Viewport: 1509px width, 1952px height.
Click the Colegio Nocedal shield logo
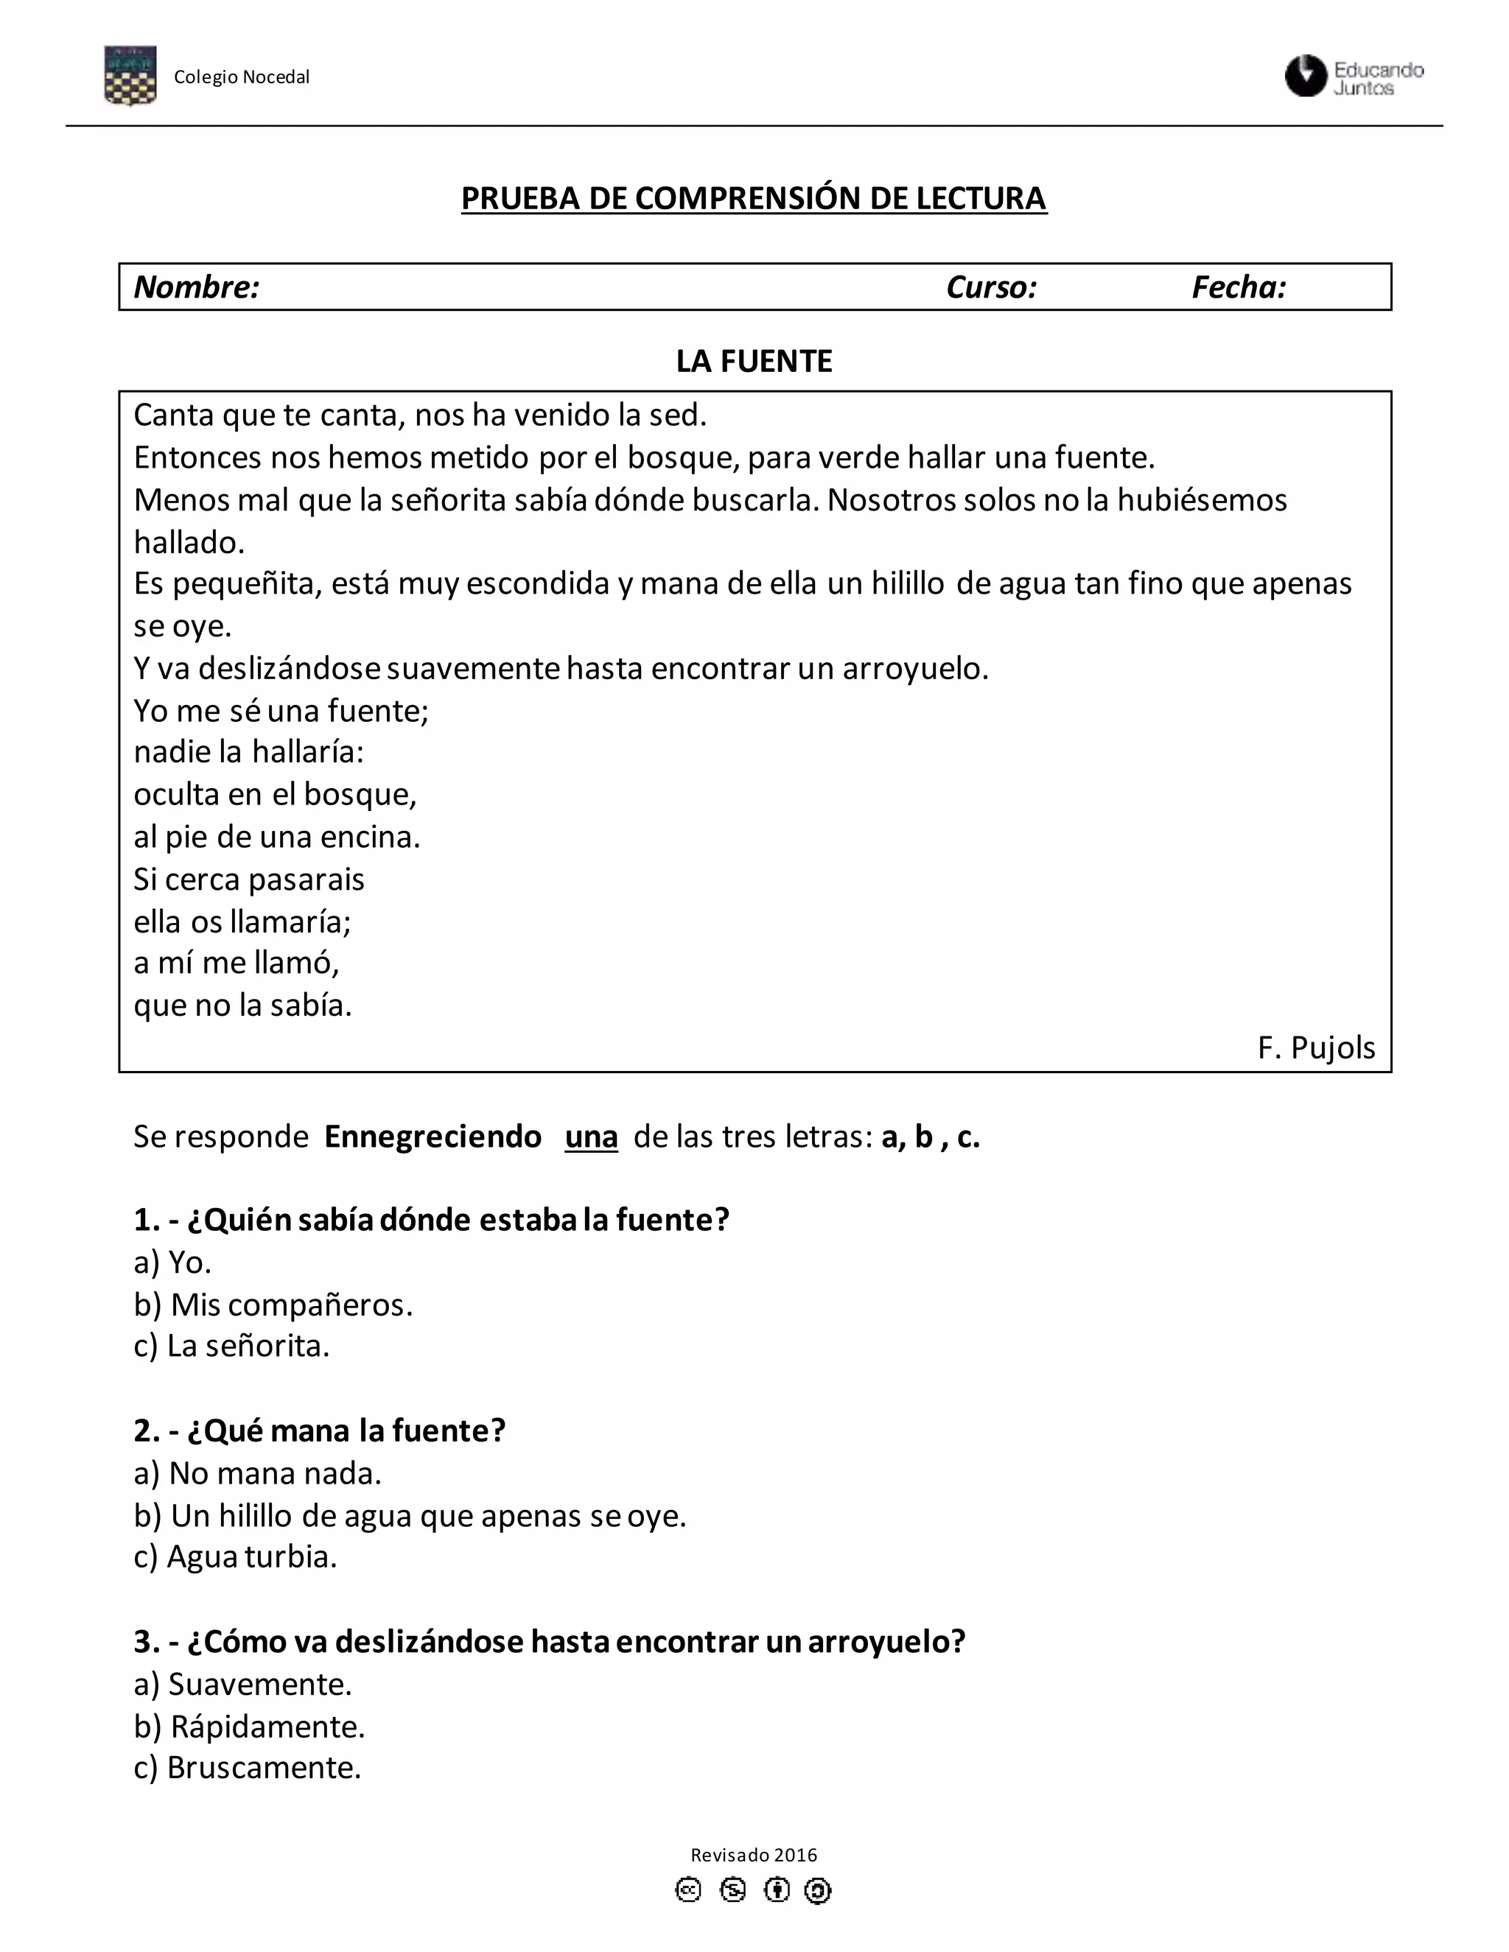pyautogui.click(x=130, y=75)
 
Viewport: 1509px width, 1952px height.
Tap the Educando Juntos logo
pyautogui.click(x=1354, y=77)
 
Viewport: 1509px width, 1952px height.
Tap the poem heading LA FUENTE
pyautogui.click(x=754, y=361)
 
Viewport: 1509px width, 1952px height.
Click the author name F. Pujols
pyautogui.click(x=1316, y=1047)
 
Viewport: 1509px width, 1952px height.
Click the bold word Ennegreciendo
pyautogui.click(x=433, y=1137)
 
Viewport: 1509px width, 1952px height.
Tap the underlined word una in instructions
pyautogui.click(x=591, y=1137)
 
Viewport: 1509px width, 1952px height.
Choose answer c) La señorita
pyautogui.click(x=231, y=1346)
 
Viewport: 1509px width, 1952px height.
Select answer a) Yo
pyautogui.click(x=172, y=1262)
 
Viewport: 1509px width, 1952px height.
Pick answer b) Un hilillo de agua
pyautogui.click(x=410, y=1516)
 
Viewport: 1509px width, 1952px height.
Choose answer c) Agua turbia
pyautogui.click(x=235, y=1557)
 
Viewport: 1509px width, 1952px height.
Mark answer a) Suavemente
pyautogui.click(x=242, y=1684)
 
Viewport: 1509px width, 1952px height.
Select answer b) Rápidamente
pyautogui.click(x=250, y=1727)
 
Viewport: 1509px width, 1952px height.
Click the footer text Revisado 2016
pyautogui.click(x=754, y=1855)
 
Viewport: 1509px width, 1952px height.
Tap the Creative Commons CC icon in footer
pyautogui.click(x=687, y=1890)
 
